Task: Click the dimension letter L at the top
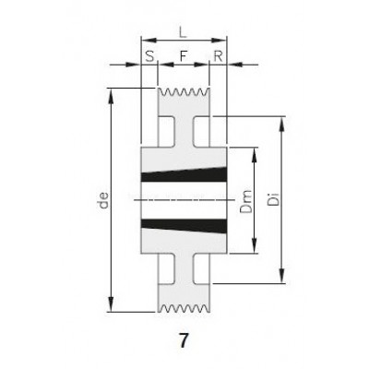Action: (x=183, y=32)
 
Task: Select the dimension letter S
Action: (x=149, y=56)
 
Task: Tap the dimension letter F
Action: (x=184, y=56)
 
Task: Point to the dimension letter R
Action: (x=218, y=56)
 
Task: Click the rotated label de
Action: (x=104, y=200)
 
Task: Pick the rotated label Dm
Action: (x=246, y=201)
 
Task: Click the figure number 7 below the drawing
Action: (x=184, y=340)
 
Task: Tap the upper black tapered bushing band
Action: (x=184, y=175)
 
